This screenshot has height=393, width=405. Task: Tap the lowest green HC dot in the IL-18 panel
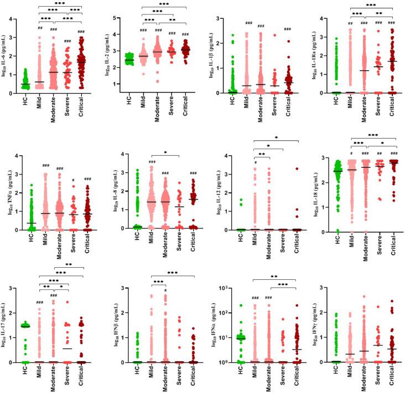tap(333, 231)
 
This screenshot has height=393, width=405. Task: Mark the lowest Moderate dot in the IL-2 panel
tap(157, 81)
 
